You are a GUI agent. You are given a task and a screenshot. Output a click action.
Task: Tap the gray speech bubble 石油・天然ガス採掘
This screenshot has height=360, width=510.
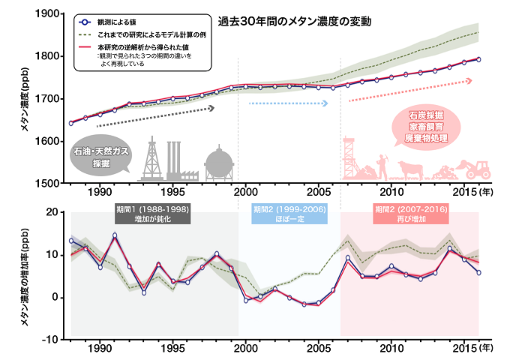(101, 156)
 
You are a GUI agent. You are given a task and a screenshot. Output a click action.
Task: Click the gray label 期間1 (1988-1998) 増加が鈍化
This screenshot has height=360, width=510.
(151, 213)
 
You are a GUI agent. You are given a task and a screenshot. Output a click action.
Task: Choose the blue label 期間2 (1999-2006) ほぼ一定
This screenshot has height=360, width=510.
(289, 213)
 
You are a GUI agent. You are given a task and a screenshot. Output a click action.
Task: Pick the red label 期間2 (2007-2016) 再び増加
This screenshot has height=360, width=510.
(409, 213)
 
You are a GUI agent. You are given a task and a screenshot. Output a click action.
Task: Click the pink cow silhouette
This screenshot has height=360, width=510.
(411, 168)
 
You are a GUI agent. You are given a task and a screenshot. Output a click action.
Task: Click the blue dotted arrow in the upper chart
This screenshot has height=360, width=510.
(289, 103)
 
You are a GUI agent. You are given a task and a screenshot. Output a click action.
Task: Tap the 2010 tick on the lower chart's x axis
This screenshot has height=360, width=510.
(390, 348)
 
